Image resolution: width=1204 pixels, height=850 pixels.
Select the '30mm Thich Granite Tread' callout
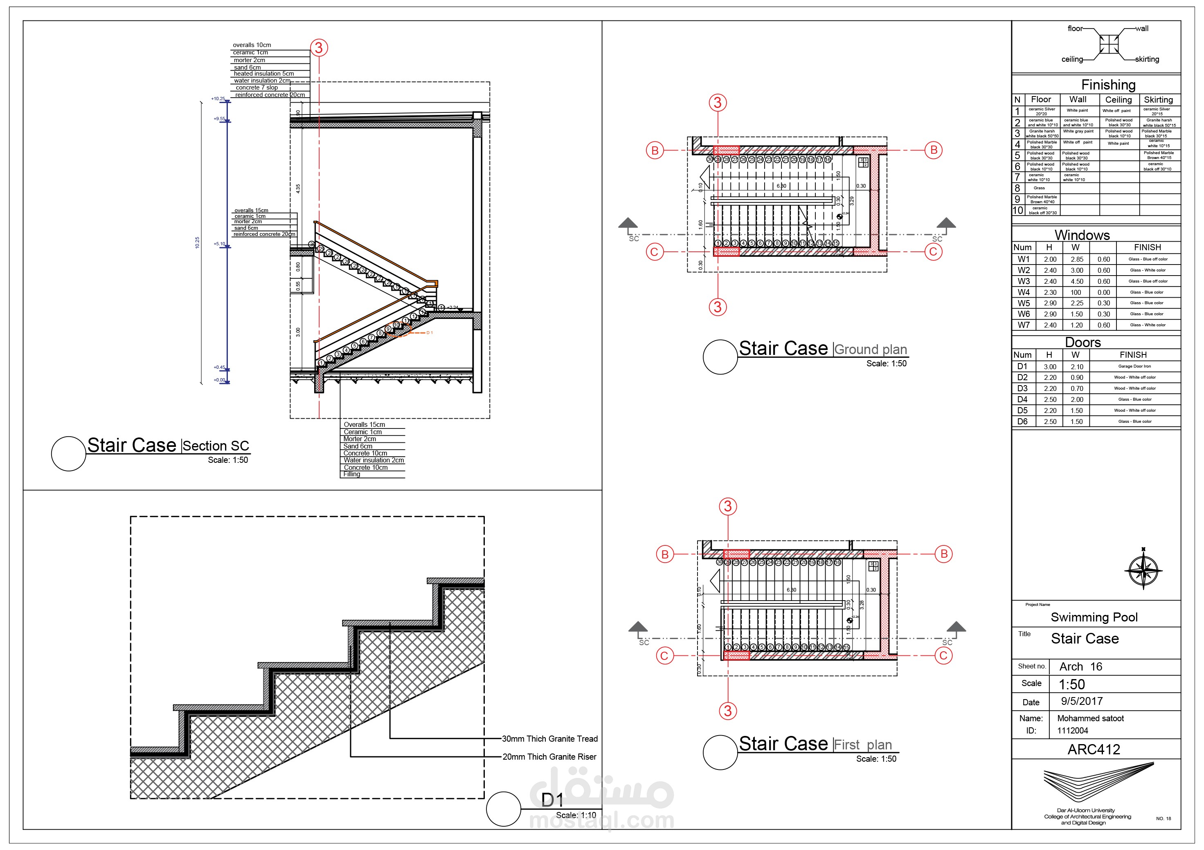tap(549, 739)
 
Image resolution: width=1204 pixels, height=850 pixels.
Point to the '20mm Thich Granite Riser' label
tap(549, 757)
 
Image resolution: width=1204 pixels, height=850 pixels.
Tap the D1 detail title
tap(552, 800)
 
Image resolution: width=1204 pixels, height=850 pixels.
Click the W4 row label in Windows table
tap(1024, 292)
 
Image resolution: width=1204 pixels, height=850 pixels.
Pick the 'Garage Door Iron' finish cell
tap(1134, 366)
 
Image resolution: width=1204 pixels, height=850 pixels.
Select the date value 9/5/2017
tap(1081, 701)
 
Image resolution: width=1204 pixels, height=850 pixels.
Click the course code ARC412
tap(1094, 750)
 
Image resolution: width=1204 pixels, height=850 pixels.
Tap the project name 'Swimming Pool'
tap(1094, 617)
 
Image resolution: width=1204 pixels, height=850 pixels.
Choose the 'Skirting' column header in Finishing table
tap(1158, 100)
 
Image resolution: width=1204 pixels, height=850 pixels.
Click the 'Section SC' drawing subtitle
tap(216, 446)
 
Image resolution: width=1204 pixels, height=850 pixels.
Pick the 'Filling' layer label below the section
tap(352, 474)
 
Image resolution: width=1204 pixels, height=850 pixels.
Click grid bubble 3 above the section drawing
tap(319, 48)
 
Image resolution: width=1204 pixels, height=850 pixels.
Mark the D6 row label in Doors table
tap(1022, 422)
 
